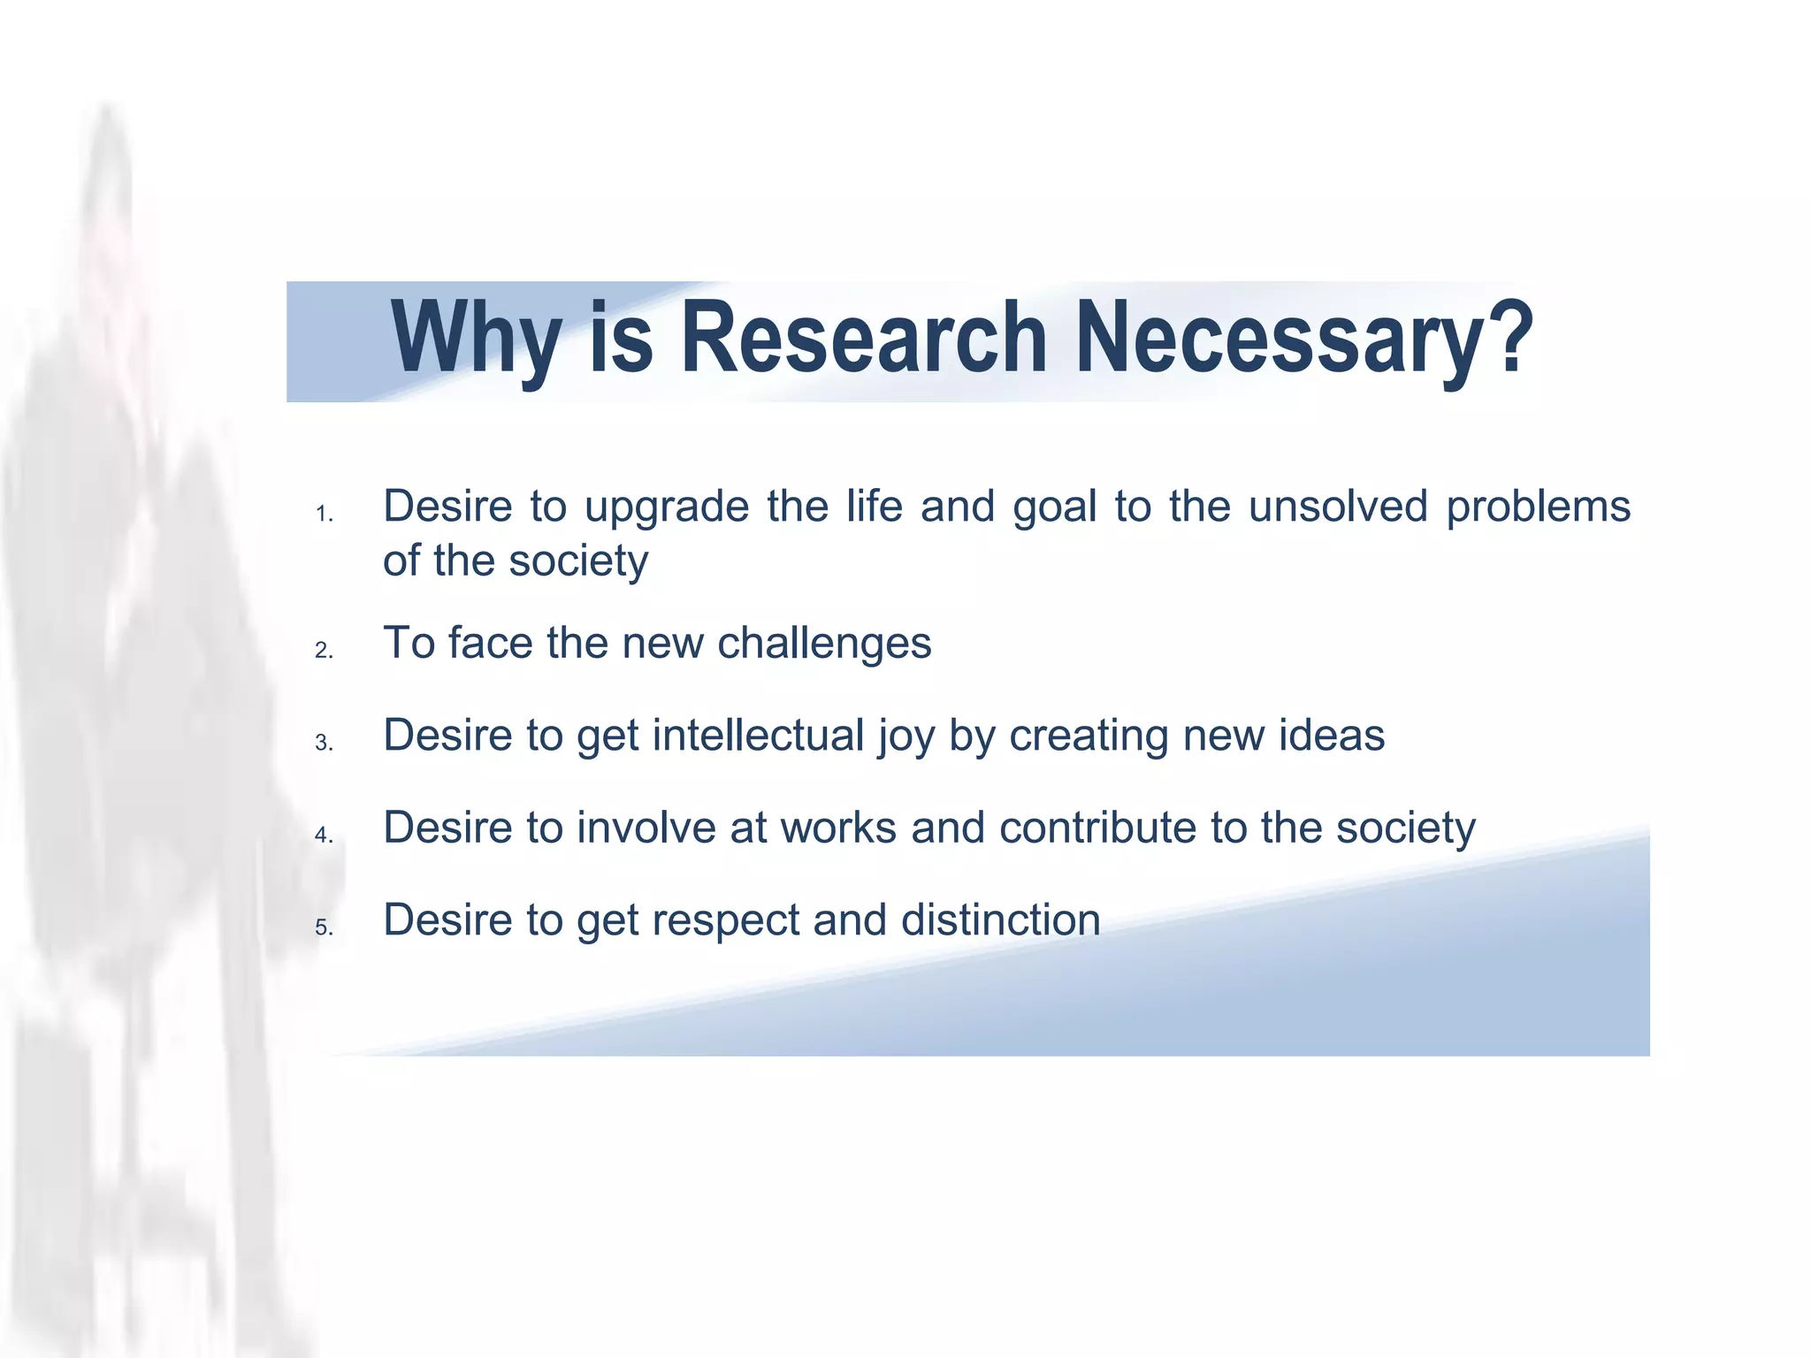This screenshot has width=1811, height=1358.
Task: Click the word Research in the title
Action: (x=864, y=339)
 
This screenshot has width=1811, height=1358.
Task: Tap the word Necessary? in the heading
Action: (x=1303, y=339)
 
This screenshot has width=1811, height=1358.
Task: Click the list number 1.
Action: (x=324, y=515)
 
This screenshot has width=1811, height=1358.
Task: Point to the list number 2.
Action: (x=324, y=651)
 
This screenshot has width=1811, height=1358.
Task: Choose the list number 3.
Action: (x=324, y=744)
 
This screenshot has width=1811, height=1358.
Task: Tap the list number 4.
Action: (x=324, y=835)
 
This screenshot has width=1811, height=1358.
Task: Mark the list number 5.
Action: (x=324, y=928)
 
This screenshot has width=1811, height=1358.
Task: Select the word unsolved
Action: (x=1338, y=507)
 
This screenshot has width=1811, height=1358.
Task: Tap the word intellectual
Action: (x=758, y=736)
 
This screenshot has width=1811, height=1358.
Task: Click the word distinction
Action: (x=1000, y=920)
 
